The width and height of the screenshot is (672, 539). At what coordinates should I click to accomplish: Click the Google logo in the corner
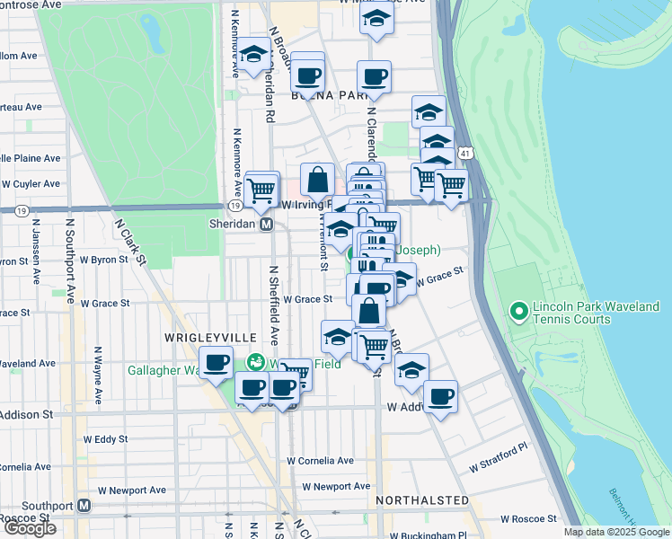click(x=29, y=528)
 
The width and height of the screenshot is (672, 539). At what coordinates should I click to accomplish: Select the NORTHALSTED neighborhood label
click(x=422, y=499)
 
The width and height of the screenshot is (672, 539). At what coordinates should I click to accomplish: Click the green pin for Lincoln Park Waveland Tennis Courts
click(x=517, y=312)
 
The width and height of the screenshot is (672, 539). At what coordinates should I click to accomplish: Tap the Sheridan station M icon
click(x=267, y=224)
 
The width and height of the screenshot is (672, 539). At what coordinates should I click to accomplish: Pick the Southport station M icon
click(x=84, y=505)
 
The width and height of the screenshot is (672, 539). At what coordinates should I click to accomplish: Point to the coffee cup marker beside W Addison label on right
click(x=440, y=396)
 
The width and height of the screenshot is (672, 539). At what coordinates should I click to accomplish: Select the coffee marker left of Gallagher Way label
click(x=216, y=363)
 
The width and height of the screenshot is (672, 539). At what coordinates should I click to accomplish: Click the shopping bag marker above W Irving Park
click(x=318, y=179)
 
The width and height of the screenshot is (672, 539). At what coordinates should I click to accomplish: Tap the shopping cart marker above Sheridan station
click(x=261, y=189)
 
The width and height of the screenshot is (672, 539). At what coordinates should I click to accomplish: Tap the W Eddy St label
click(x=105, y=440)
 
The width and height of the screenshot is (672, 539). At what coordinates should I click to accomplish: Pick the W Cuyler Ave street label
click(x=32, y=183)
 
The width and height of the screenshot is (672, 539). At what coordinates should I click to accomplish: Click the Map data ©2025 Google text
click(x=615, y=532)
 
